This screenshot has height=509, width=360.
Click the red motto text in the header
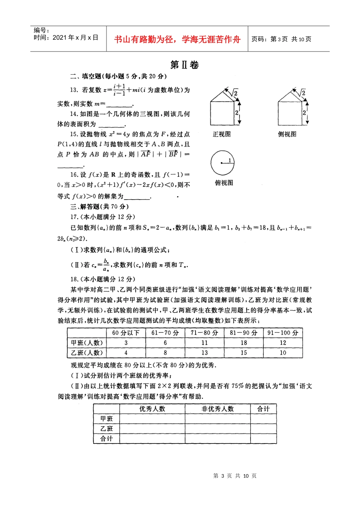177,39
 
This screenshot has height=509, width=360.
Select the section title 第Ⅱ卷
185,65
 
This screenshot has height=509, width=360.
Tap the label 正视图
222,134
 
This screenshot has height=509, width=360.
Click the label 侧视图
287,134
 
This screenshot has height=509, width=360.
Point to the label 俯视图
224,183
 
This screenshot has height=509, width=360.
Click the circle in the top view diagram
222,163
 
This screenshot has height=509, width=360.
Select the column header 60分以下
126,333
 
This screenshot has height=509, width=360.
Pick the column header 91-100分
283,333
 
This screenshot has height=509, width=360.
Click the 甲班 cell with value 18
243,343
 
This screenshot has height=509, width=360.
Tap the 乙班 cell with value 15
243,353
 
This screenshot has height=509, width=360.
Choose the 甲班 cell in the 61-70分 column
165,343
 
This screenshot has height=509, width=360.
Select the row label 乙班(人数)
87,353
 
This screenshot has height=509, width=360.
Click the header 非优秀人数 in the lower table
218,409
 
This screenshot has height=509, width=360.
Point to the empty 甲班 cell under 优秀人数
152,419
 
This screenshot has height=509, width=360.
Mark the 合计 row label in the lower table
106,439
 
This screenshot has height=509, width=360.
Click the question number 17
74,217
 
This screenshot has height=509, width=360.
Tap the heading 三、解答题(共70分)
100,207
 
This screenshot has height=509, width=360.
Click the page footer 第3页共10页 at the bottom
235,476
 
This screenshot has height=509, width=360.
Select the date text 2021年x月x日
75,37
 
